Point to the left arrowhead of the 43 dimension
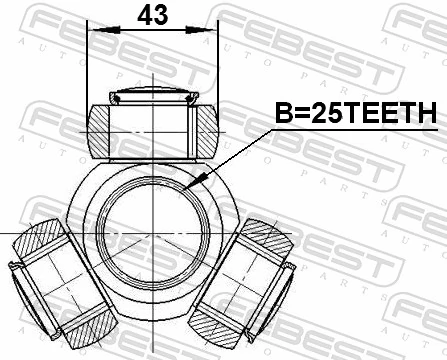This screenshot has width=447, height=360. (x=95, y=32)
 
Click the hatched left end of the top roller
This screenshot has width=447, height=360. (x=100, y=129)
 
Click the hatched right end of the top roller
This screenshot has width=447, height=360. (x=204, y=129)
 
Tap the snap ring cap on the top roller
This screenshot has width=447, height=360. (x=152, y=98)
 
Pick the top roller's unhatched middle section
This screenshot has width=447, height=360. (x=152, y=129)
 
